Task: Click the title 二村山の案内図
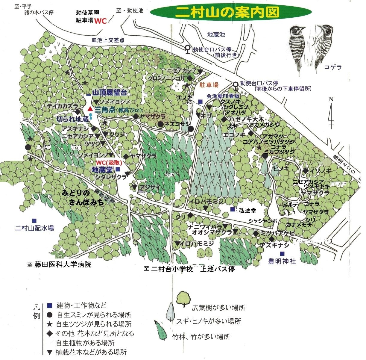point(227,12)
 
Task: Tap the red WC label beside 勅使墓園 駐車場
point(101,21)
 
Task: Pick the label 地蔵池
point(216,35)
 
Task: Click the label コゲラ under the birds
point(332,67)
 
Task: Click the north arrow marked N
point(331,114)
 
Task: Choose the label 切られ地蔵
point(72,119)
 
